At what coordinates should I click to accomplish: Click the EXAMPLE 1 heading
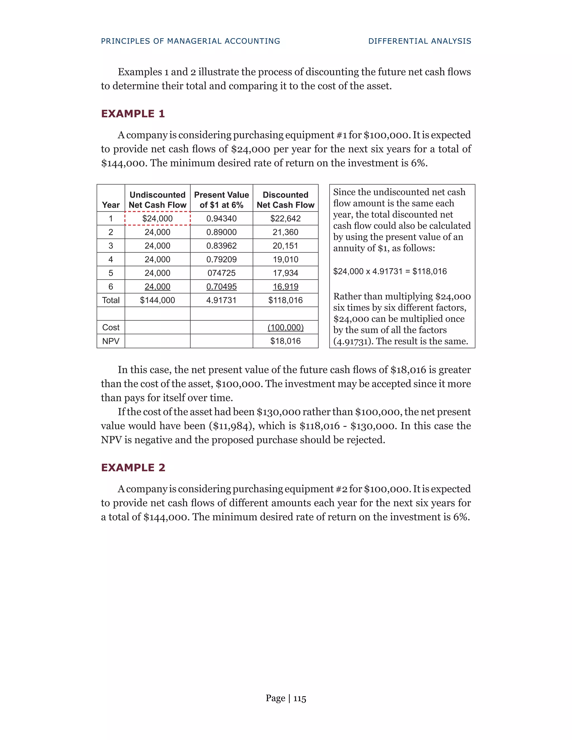[133, 114]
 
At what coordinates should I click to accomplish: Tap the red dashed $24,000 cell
[158, 219]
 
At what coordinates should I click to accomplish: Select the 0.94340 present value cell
[221, 219]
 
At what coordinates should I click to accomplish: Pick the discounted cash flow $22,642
[285, 219]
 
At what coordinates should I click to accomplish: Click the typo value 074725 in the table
[221, 273]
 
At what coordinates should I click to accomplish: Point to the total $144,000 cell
[158, 300]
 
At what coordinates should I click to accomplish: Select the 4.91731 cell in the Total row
[221, 300]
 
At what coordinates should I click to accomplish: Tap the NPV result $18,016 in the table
[285, 341]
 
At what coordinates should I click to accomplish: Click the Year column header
[111, 205]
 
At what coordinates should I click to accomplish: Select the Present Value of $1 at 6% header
[221, 200]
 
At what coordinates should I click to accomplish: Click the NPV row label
[111, 341]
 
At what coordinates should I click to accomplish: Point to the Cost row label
[111, 327]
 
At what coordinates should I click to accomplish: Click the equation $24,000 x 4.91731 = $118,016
[390, 271]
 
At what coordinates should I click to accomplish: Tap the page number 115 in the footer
[300, 698]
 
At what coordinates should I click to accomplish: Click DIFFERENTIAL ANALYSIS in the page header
[420, 41]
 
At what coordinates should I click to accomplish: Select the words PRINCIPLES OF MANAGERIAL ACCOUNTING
[190, 41]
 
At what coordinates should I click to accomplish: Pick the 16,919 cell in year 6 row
[285, 287]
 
